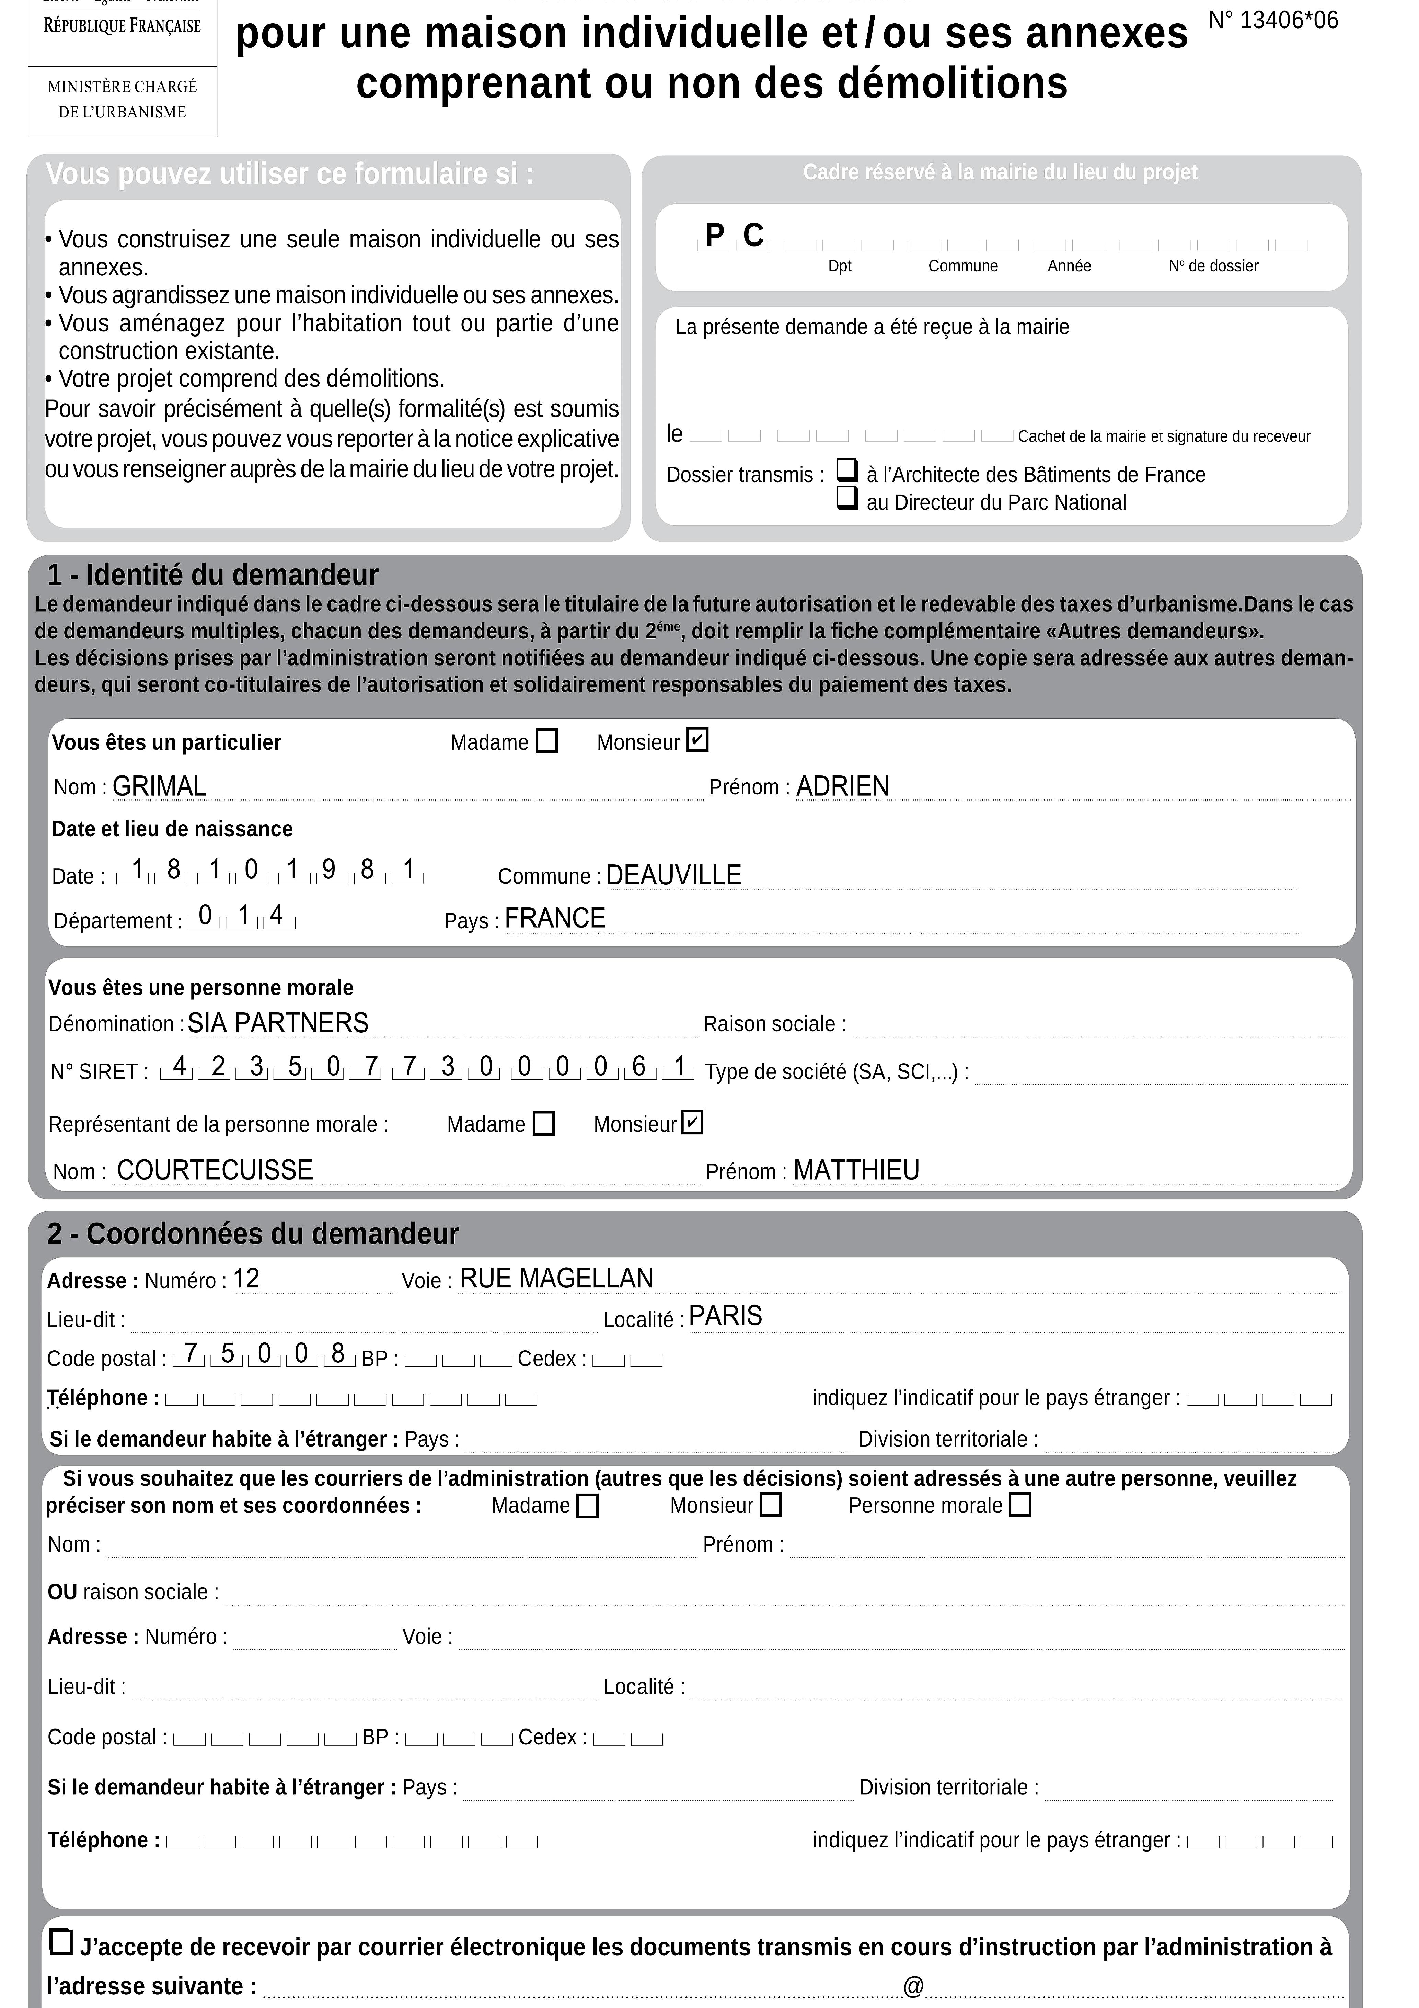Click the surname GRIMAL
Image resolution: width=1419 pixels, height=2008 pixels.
tap(159, 786)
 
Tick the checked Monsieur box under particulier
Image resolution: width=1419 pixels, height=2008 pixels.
tap(697, 740)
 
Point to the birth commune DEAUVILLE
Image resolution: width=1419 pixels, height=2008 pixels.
tap(673, 875)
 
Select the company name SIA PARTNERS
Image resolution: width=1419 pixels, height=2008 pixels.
tap(278, 1022)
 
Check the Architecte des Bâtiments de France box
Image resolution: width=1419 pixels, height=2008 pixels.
tap(846, 470)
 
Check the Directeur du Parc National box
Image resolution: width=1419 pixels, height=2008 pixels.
tap(846, 498)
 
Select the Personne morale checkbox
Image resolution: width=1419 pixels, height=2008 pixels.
tap(1019, 1505)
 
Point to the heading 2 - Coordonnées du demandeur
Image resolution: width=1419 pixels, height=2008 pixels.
tap(253, 1233)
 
